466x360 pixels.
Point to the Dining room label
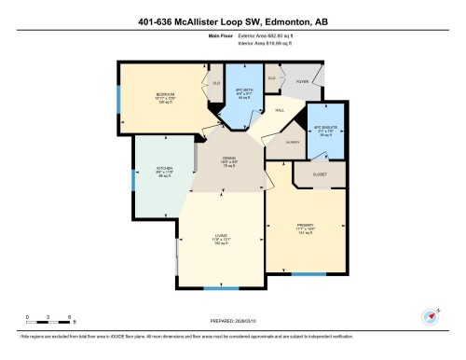228,160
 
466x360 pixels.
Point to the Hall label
279,110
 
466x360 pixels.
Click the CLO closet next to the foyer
271,77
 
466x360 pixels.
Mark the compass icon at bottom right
430,316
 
